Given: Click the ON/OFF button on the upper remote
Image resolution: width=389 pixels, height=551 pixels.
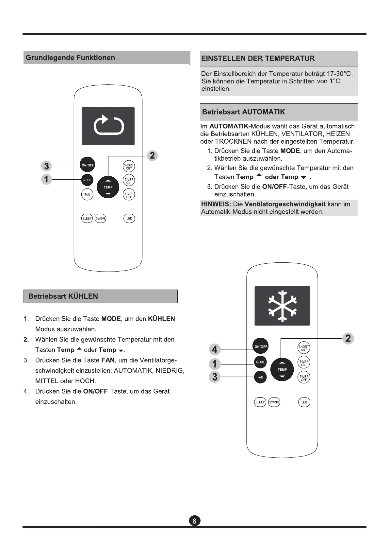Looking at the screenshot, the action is click(87, 165).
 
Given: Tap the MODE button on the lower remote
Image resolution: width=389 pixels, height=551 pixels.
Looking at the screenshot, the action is click(260, 362).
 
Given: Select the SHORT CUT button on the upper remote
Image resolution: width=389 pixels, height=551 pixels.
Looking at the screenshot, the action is click(129, 167).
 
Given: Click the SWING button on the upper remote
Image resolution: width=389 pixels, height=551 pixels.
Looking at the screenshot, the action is click(100, 218).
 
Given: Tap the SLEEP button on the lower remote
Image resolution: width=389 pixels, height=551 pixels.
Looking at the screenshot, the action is click(260, 402).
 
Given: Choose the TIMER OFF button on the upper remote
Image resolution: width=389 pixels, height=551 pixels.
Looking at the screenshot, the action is click(129, 195).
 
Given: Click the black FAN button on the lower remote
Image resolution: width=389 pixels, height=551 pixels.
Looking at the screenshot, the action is click(260, 377).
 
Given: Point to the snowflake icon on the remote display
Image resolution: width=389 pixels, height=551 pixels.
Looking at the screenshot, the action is click(282, 305).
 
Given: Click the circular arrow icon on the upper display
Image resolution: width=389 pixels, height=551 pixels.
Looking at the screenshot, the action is click(108, 125).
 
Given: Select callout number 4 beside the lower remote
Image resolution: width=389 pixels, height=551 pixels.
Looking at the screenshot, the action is click(215, 349).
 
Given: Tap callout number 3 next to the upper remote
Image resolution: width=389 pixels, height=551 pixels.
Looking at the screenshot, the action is click(47, 166).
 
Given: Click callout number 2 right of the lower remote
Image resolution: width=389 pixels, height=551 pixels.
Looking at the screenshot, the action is click(348, 338).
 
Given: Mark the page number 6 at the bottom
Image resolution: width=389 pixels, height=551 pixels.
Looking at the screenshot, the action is click(194, 521).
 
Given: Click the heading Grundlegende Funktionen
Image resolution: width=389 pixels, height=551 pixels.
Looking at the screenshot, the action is click(70, 58).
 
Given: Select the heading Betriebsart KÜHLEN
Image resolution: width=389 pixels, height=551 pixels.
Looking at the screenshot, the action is click(63, 296).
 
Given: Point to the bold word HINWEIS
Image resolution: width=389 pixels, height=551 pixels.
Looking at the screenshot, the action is click(216, 204).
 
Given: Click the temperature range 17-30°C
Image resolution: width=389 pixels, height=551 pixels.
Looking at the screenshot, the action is click(339, 73).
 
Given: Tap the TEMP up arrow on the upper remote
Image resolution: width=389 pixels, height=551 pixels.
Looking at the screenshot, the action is click(108, 181).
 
